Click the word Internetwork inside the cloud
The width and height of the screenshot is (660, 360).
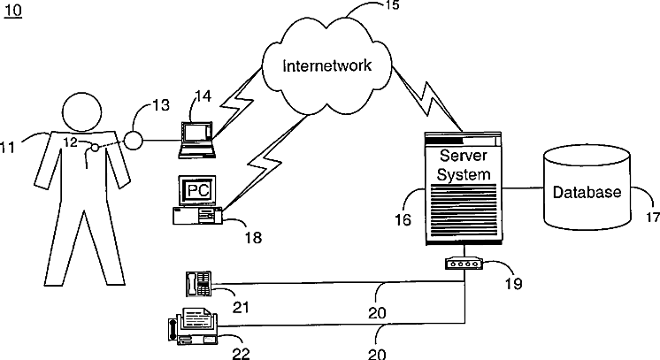[327, 65]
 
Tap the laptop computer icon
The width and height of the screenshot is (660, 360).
[197, 141]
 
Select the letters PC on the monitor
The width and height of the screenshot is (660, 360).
[198, 190]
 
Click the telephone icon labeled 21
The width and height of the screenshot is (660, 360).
[198, 283]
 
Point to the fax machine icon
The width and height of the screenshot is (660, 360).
[193, 326]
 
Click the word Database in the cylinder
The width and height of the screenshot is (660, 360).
[587, 192]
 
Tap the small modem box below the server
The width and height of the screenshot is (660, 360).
[464, 264]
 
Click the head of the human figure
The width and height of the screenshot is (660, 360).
[82, 111]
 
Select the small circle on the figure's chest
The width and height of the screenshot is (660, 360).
[96, 148]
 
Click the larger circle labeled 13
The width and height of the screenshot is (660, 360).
[134, 140]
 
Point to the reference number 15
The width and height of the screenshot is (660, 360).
[392, 5]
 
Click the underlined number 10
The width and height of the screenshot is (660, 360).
[13, 10]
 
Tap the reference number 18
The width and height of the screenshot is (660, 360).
[253, 238]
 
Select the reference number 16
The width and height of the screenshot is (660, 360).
[403, 219]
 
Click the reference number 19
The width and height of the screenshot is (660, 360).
[514, 284]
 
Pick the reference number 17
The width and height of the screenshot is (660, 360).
[653, 218]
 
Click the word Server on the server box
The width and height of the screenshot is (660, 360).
[463, 156]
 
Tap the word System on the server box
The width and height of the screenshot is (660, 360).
[464, 174]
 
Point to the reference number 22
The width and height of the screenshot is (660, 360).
[242, 354]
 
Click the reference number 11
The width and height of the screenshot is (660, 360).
[7, 148]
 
